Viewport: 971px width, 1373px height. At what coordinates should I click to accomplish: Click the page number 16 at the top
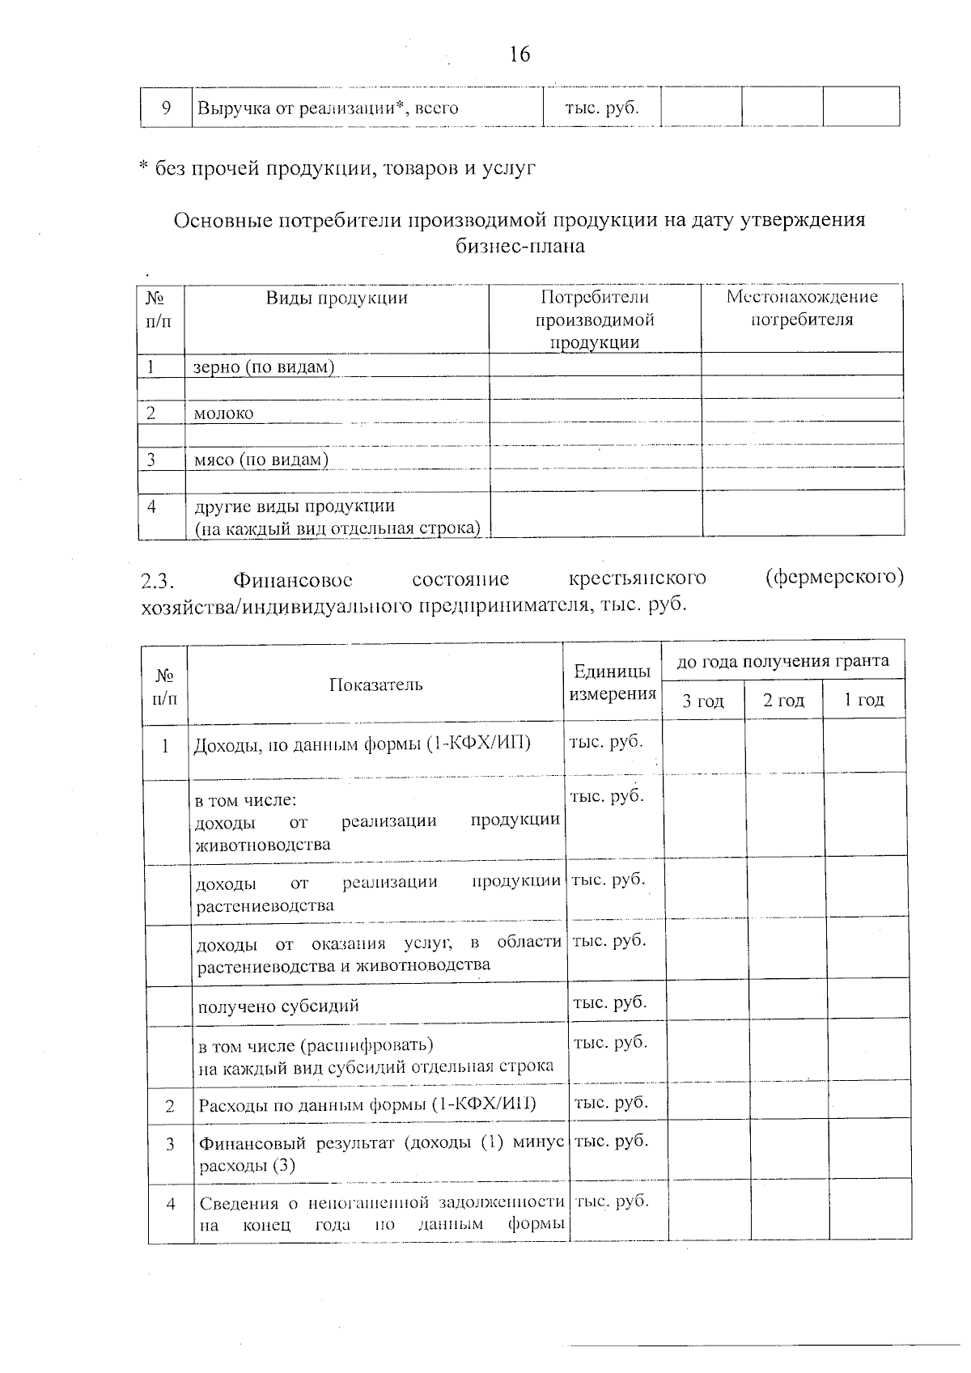point(519,55)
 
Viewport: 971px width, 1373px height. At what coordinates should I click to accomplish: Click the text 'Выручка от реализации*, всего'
point(328,108)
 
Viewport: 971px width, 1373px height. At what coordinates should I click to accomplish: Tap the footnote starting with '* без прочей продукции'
point(337,168)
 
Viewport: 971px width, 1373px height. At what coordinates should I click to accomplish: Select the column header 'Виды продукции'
point(337,298)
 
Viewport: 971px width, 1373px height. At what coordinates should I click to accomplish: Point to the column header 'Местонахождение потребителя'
point(802,308)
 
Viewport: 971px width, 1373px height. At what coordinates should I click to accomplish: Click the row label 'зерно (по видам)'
point(264,367)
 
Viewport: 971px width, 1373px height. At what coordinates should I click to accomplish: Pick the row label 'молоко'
point(223,413)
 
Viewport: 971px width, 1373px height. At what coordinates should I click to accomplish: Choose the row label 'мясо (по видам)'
point(261,460)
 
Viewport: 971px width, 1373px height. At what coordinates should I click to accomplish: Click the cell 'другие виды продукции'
point(295,506)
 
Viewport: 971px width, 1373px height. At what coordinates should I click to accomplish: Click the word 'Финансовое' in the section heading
point(292,580)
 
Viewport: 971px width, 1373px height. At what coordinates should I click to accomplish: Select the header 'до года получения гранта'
point(782,661)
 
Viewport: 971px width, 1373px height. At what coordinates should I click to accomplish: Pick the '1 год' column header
point(863,701)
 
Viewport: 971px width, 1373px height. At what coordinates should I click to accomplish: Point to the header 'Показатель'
point(375,685)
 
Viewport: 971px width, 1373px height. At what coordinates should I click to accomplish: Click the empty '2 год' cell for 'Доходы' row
point(784,746)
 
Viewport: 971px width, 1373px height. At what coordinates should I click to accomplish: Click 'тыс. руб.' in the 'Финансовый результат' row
point(611,1142)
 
